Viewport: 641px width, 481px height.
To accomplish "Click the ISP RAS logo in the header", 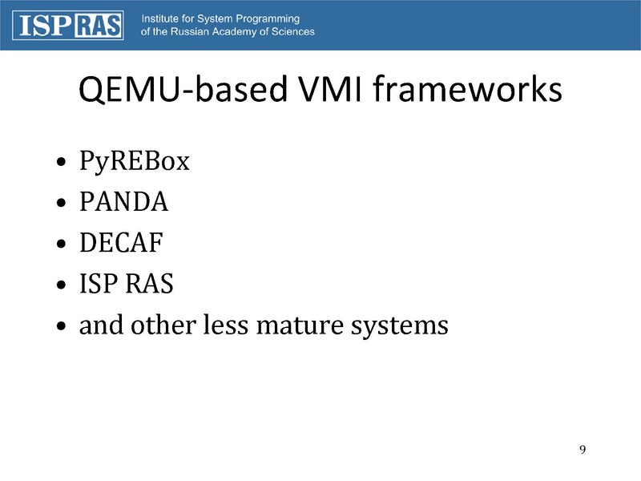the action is coord(68,26).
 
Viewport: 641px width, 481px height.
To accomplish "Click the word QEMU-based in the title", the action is coord(183,89).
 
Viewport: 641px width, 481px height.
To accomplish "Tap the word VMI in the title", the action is coord(331,89).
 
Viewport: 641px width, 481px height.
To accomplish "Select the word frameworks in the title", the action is coord(468,88).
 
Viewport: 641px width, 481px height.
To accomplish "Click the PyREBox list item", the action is coord(135,161).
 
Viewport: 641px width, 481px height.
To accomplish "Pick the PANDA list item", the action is coord(124,202).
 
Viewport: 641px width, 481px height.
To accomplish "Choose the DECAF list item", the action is coord(122,243).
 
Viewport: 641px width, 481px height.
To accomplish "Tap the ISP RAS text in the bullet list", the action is coord(127,284).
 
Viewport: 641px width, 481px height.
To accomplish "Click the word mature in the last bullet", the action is coord(300,325).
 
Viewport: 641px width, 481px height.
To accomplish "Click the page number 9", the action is coord(583,450).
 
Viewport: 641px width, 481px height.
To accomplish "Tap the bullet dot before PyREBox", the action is coord(62,162).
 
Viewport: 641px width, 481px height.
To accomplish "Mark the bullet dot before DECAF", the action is coord(62,244).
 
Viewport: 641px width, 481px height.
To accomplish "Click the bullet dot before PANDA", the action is coord(62,203).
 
